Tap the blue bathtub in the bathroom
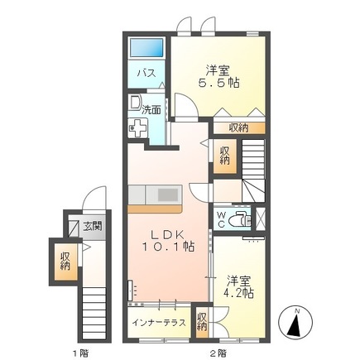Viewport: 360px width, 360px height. pyautogui.click(x=149, y=48)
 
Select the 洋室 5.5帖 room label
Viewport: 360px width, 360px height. pyautogui.click(x=218, y=77)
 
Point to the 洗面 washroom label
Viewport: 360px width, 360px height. pyautogui.click(x=151, y=108)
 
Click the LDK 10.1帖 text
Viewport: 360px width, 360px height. pyautogui.click(x=169, y=239)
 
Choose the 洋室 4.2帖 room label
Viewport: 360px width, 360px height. pyautogui.click(x=238, y=286)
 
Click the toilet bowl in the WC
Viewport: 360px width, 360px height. pyautogui.click(x=242, y=220)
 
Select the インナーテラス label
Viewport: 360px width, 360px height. pyautogui.click(x=158, y=319)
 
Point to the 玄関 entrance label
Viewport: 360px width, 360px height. pyautogui.click(x=92, y=226)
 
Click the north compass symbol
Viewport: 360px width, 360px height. pyautogui.click(x=296, y=321)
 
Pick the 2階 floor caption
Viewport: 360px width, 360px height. pyautogui.click(x=217, y=352)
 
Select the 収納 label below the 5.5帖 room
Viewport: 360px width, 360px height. pyautogui.click(x=238, y=127)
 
